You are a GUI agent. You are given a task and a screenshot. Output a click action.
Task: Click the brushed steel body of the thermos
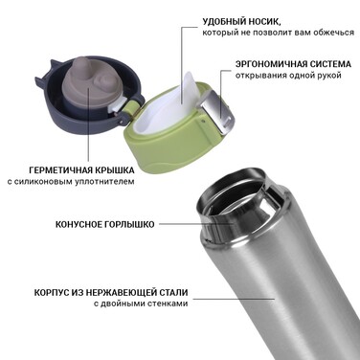[x=278, y=287]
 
